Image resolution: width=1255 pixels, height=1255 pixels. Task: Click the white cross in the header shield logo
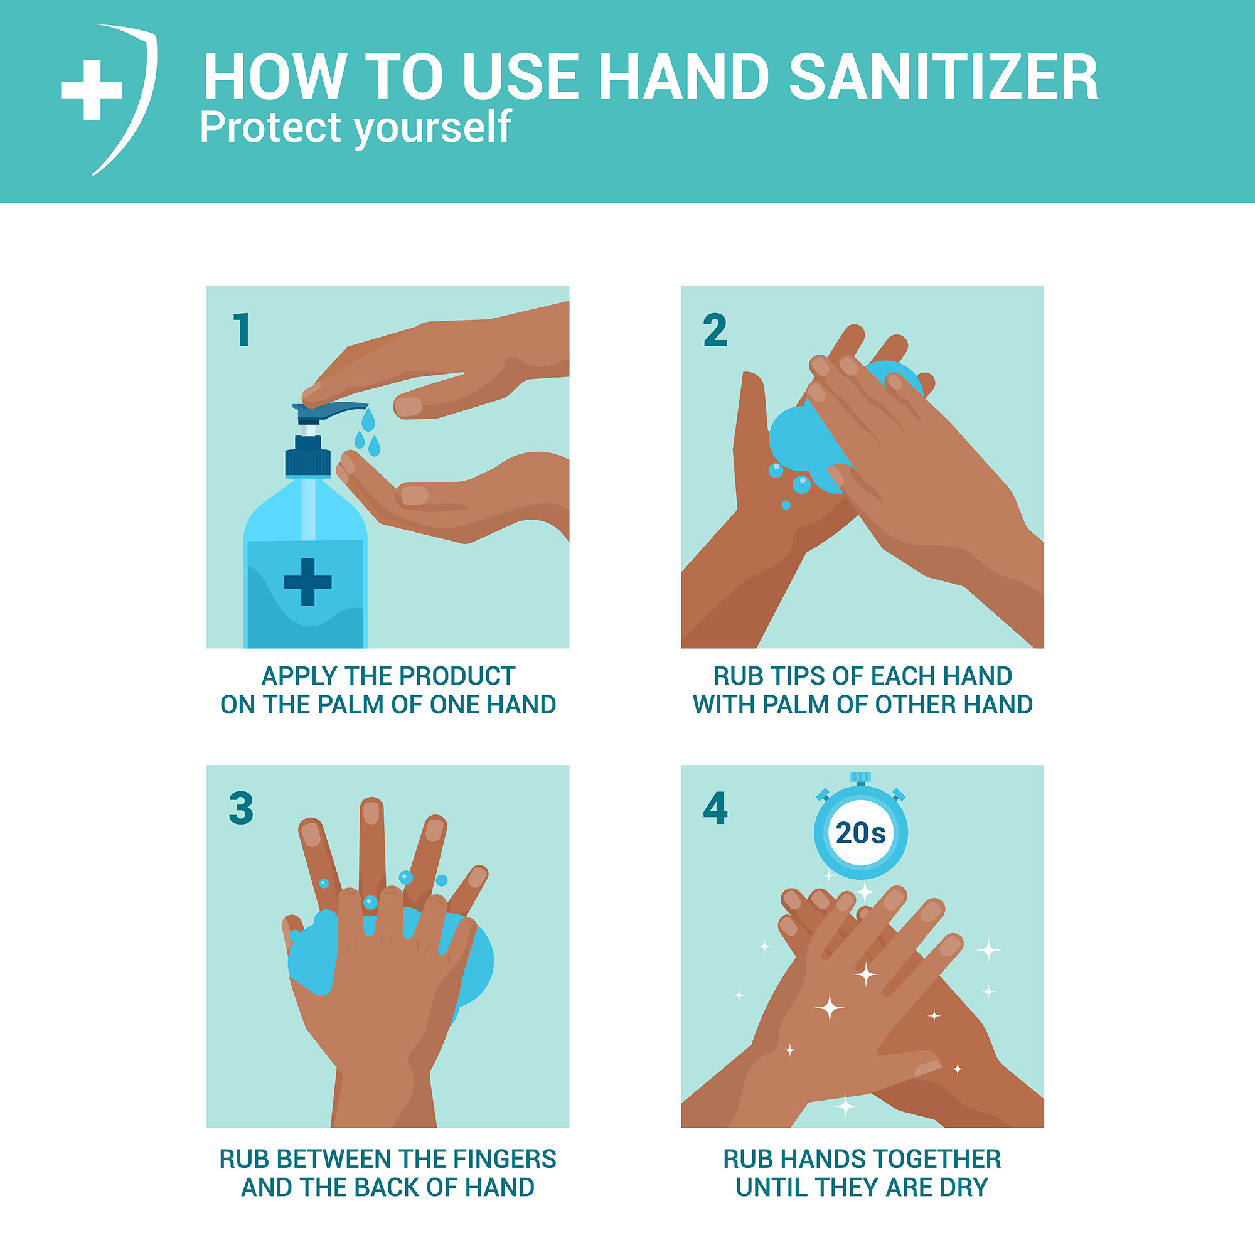[92, 90]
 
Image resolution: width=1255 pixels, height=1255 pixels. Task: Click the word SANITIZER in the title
[943, 78]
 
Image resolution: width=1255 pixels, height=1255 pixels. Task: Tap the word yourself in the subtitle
[432, 127]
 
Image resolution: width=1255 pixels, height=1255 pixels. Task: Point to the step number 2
[715, 330]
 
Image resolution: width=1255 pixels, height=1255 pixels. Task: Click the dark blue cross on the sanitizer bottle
[308, 582]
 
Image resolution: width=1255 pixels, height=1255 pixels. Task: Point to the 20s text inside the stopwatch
[860, 833]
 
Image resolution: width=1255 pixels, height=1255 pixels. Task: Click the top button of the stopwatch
[860, 777]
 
